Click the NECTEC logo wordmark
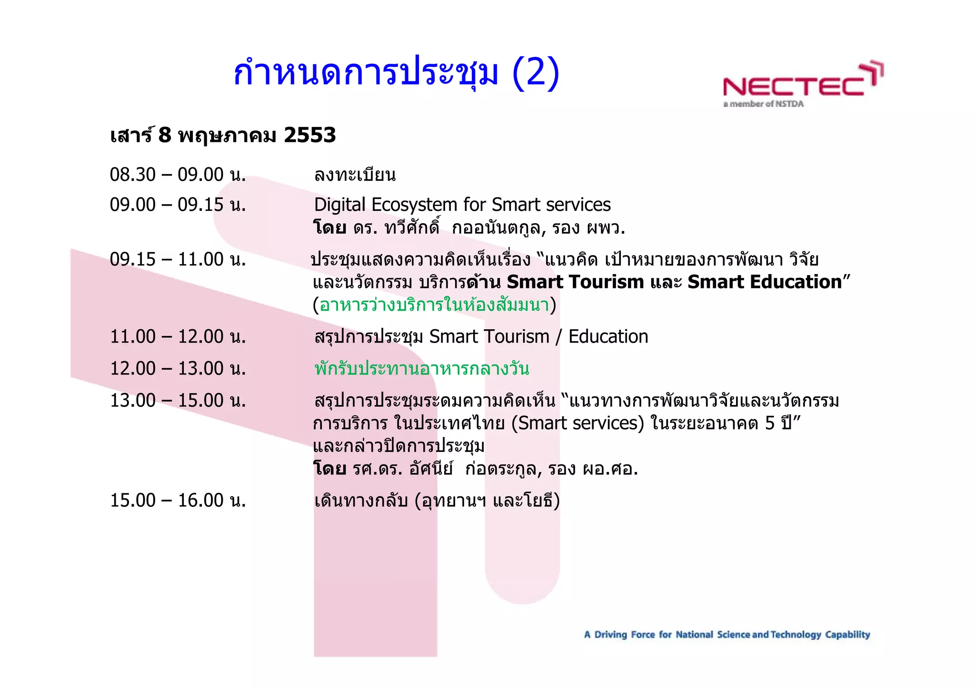794,87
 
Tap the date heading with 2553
223,136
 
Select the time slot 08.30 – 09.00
178,175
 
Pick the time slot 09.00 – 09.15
178,205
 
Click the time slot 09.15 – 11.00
178,259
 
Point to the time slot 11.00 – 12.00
178,337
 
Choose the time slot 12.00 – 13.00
178,368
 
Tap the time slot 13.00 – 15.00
178,400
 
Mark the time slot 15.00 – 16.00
178,501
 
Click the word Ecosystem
414,205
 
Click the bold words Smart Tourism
575,282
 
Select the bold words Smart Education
765,282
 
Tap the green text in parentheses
434,305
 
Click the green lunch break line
422,369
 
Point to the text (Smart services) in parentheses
577,423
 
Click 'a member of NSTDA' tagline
763,104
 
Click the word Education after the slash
608,337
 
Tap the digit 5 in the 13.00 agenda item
770,423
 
